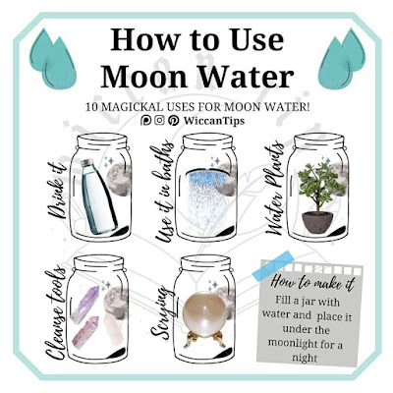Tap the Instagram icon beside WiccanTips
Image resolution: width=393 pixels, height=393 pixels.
159,121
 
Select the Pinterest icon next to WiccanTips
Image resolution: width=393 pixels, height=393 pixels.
174,121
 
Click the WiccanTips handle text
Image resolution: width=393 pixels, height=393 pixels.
214,121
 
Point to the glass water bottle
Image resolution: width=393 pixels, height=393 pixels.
97,196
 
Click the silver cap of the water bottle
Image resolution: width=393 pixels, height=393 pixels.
87,163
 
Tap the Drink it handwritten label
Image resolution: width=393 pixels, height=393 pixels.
58,191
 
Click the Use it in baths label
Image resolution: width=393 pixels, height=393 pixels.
164,192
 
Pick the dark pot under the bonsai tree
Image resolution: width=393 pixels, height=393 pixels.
317,222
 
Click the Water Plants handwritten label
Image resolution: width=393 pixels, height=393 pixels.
274,189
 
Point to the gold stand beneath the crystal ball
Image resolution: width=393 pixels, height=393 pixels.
205,339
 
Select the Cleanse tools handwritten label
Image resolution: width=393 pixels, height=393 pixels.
54,312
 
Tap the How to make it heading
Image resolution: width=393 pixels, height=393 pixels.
312,282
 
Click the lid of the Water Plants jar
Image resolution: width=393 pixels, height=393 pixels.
319,141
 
